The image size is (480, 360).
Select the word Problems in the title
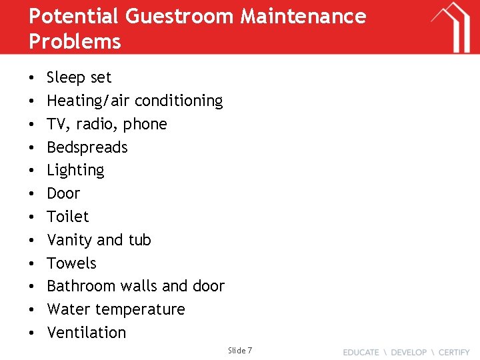pos(75,41)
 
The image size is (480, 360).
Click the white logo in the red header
pos(450,27)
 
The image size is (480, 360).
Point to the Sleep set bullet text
pos(79,77)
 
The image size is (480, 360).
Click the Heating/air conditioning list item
pos(135,101)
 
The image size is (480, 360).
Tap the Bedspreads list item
pos(87,147)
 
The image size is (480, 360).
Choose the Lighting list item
pos(75,171)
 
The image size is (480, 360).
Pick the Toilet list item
pos(67,217)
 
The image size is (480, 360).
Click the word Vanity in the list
pos(70,240)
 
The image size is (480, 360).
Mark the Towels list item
pos(71,263)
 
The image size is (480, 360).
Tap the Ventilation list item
pos(86,333)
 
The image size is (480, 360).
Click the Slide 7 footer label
pos(240,351)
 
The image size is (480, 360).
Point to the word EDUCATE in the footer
pos(361,352)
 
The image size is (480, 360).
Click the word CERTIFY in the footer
pos(454,352)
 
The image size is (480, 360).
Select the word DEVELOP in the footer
pos(408,352)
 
